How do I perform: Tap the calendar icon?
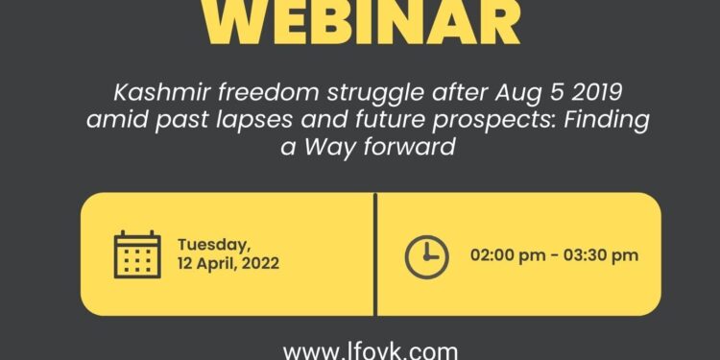click(x=137, y=254)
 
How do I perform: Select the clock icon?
click(x=426, y=254)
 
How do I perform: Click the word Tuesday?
click(x=213, y=244)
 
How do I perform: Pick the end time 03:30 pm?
click(x=603, y=255)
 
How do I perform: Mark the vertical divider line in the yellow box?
click(x=374, y=254)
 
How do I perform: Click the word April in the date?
click(x=216, y=263)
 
